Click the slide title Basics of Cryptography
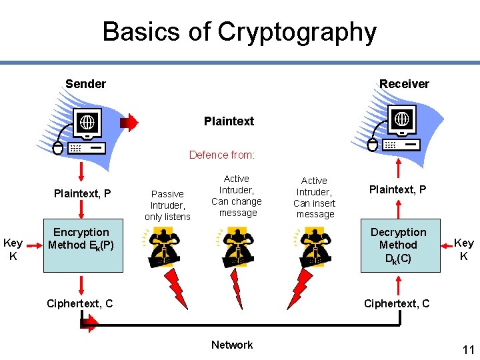239,31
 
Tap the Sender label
85,84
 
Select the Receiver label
404,84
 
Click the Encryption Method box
82,245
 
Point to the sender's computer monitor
87,123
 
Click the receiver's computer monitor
402,120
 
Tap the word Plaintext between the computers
229,121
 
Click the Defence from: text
221,155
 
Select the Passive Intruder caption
167,205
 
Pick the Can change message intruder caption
237,196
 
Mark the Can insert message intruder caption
315,197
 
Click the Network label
232,345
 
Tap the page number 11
468,349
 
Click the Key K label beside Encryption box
13,249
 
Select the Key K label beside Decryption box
464,249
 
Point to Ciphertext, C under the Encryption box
80,304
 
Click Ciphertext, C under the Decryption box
397,304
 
